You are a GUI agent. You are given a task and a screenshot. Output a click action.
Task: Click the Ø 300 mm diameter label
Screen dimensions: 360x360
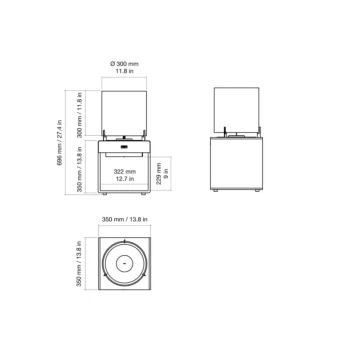click(125, 63)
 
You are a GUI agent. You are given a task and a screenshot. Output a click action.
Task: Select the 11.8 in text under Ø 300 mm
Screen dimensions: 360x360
click(125, 72)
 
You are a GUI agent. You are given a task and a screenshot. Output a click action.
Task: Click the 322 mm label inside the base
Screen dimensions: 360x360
click(125, 173)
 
